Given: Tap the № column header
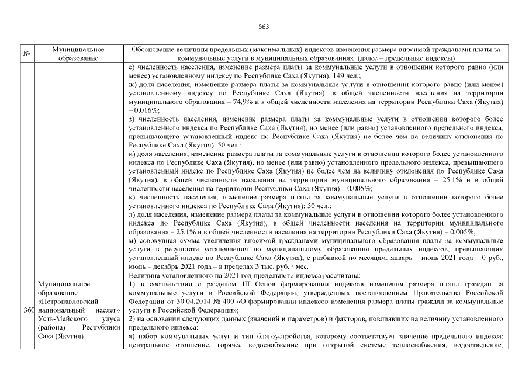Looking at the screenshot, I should pos(26,54).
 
